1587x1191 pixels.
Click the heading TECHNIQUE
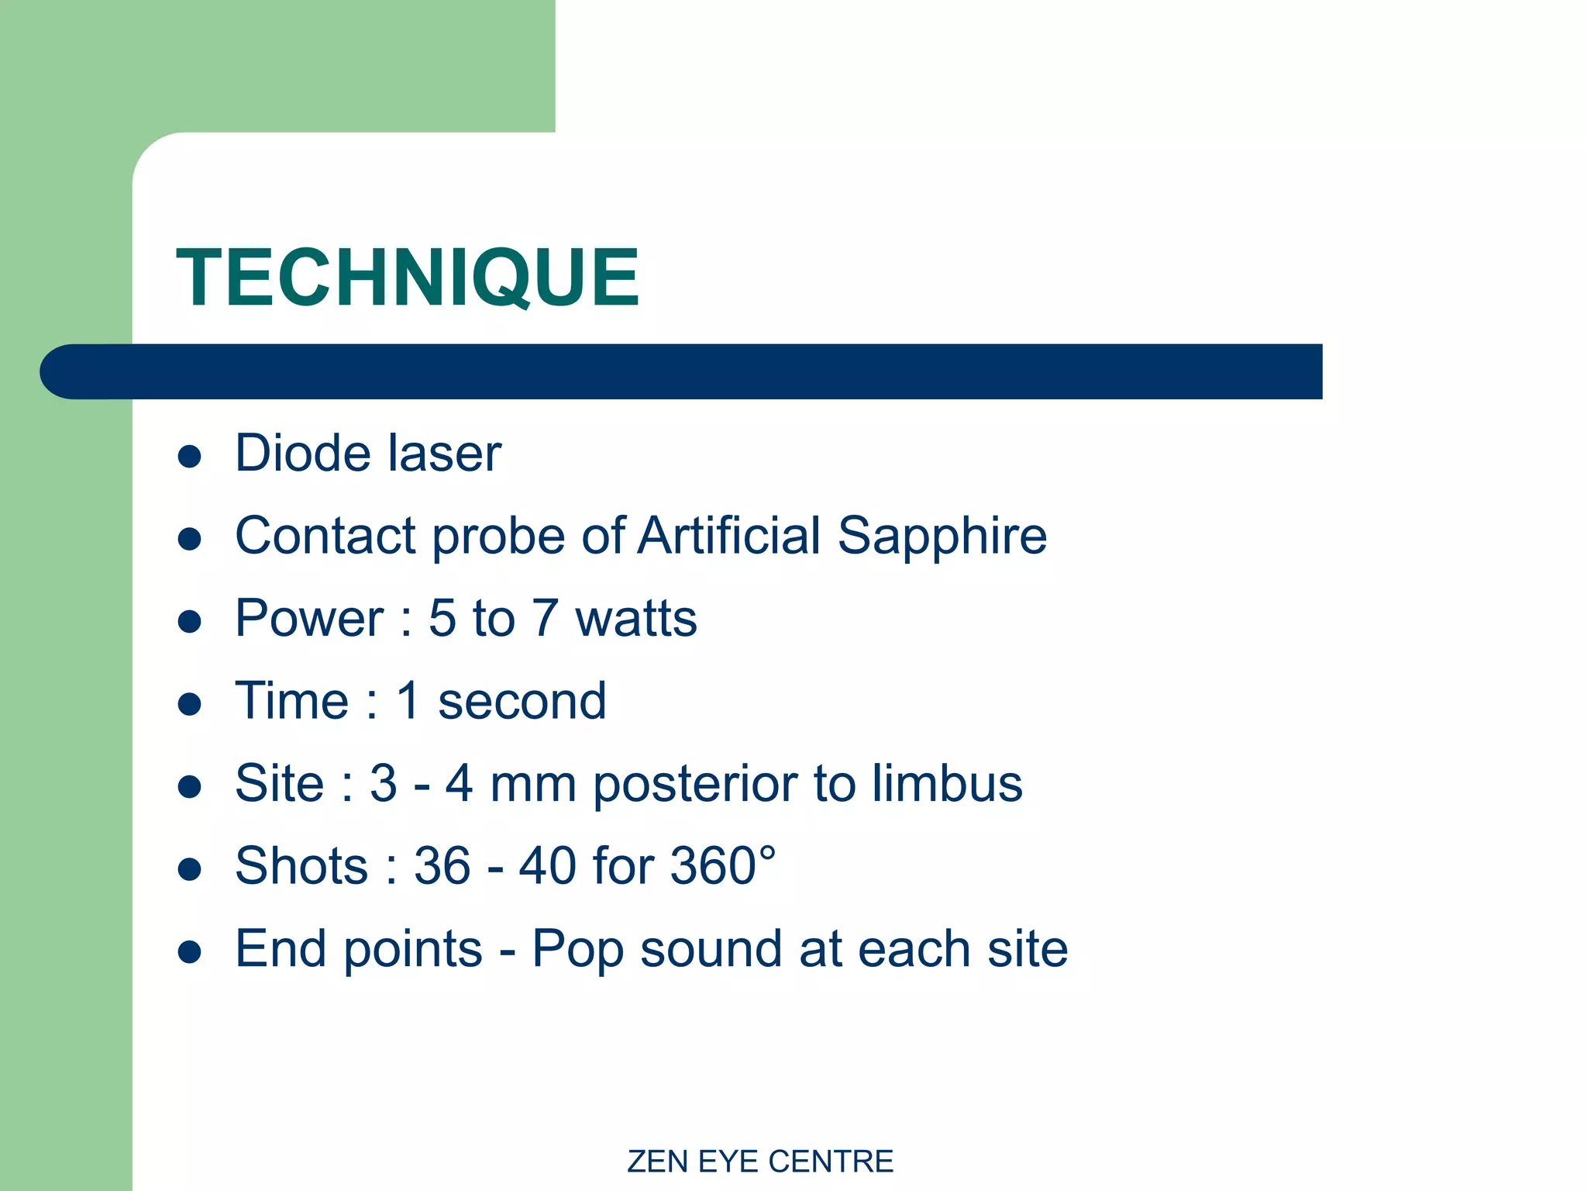click(408, 277)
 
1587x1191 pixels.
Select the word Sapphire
click(942, 537)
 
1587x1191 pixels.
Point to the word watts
click(635, 619)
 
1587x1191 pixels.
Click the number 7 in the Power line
click(545, 619)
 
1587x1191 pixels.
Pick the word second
click(522, 701)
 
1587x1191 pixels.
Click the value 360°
click(722, 865)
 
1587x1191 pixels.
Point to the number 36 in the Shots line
click(442, 865)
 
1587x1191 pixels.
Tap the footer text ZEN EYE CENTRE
click(759, 1162)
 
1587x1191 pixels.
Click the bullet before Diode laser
click(190, 456)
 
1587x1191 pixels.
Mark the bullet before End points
click(190, 951)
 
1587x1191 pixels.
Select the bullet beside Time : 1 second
click(190, 704)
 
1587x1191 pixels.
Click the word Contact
click(325, 536)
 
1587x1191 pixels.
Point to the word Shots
click(301, 865)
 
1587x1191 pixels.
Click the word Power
click(309, 619)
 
